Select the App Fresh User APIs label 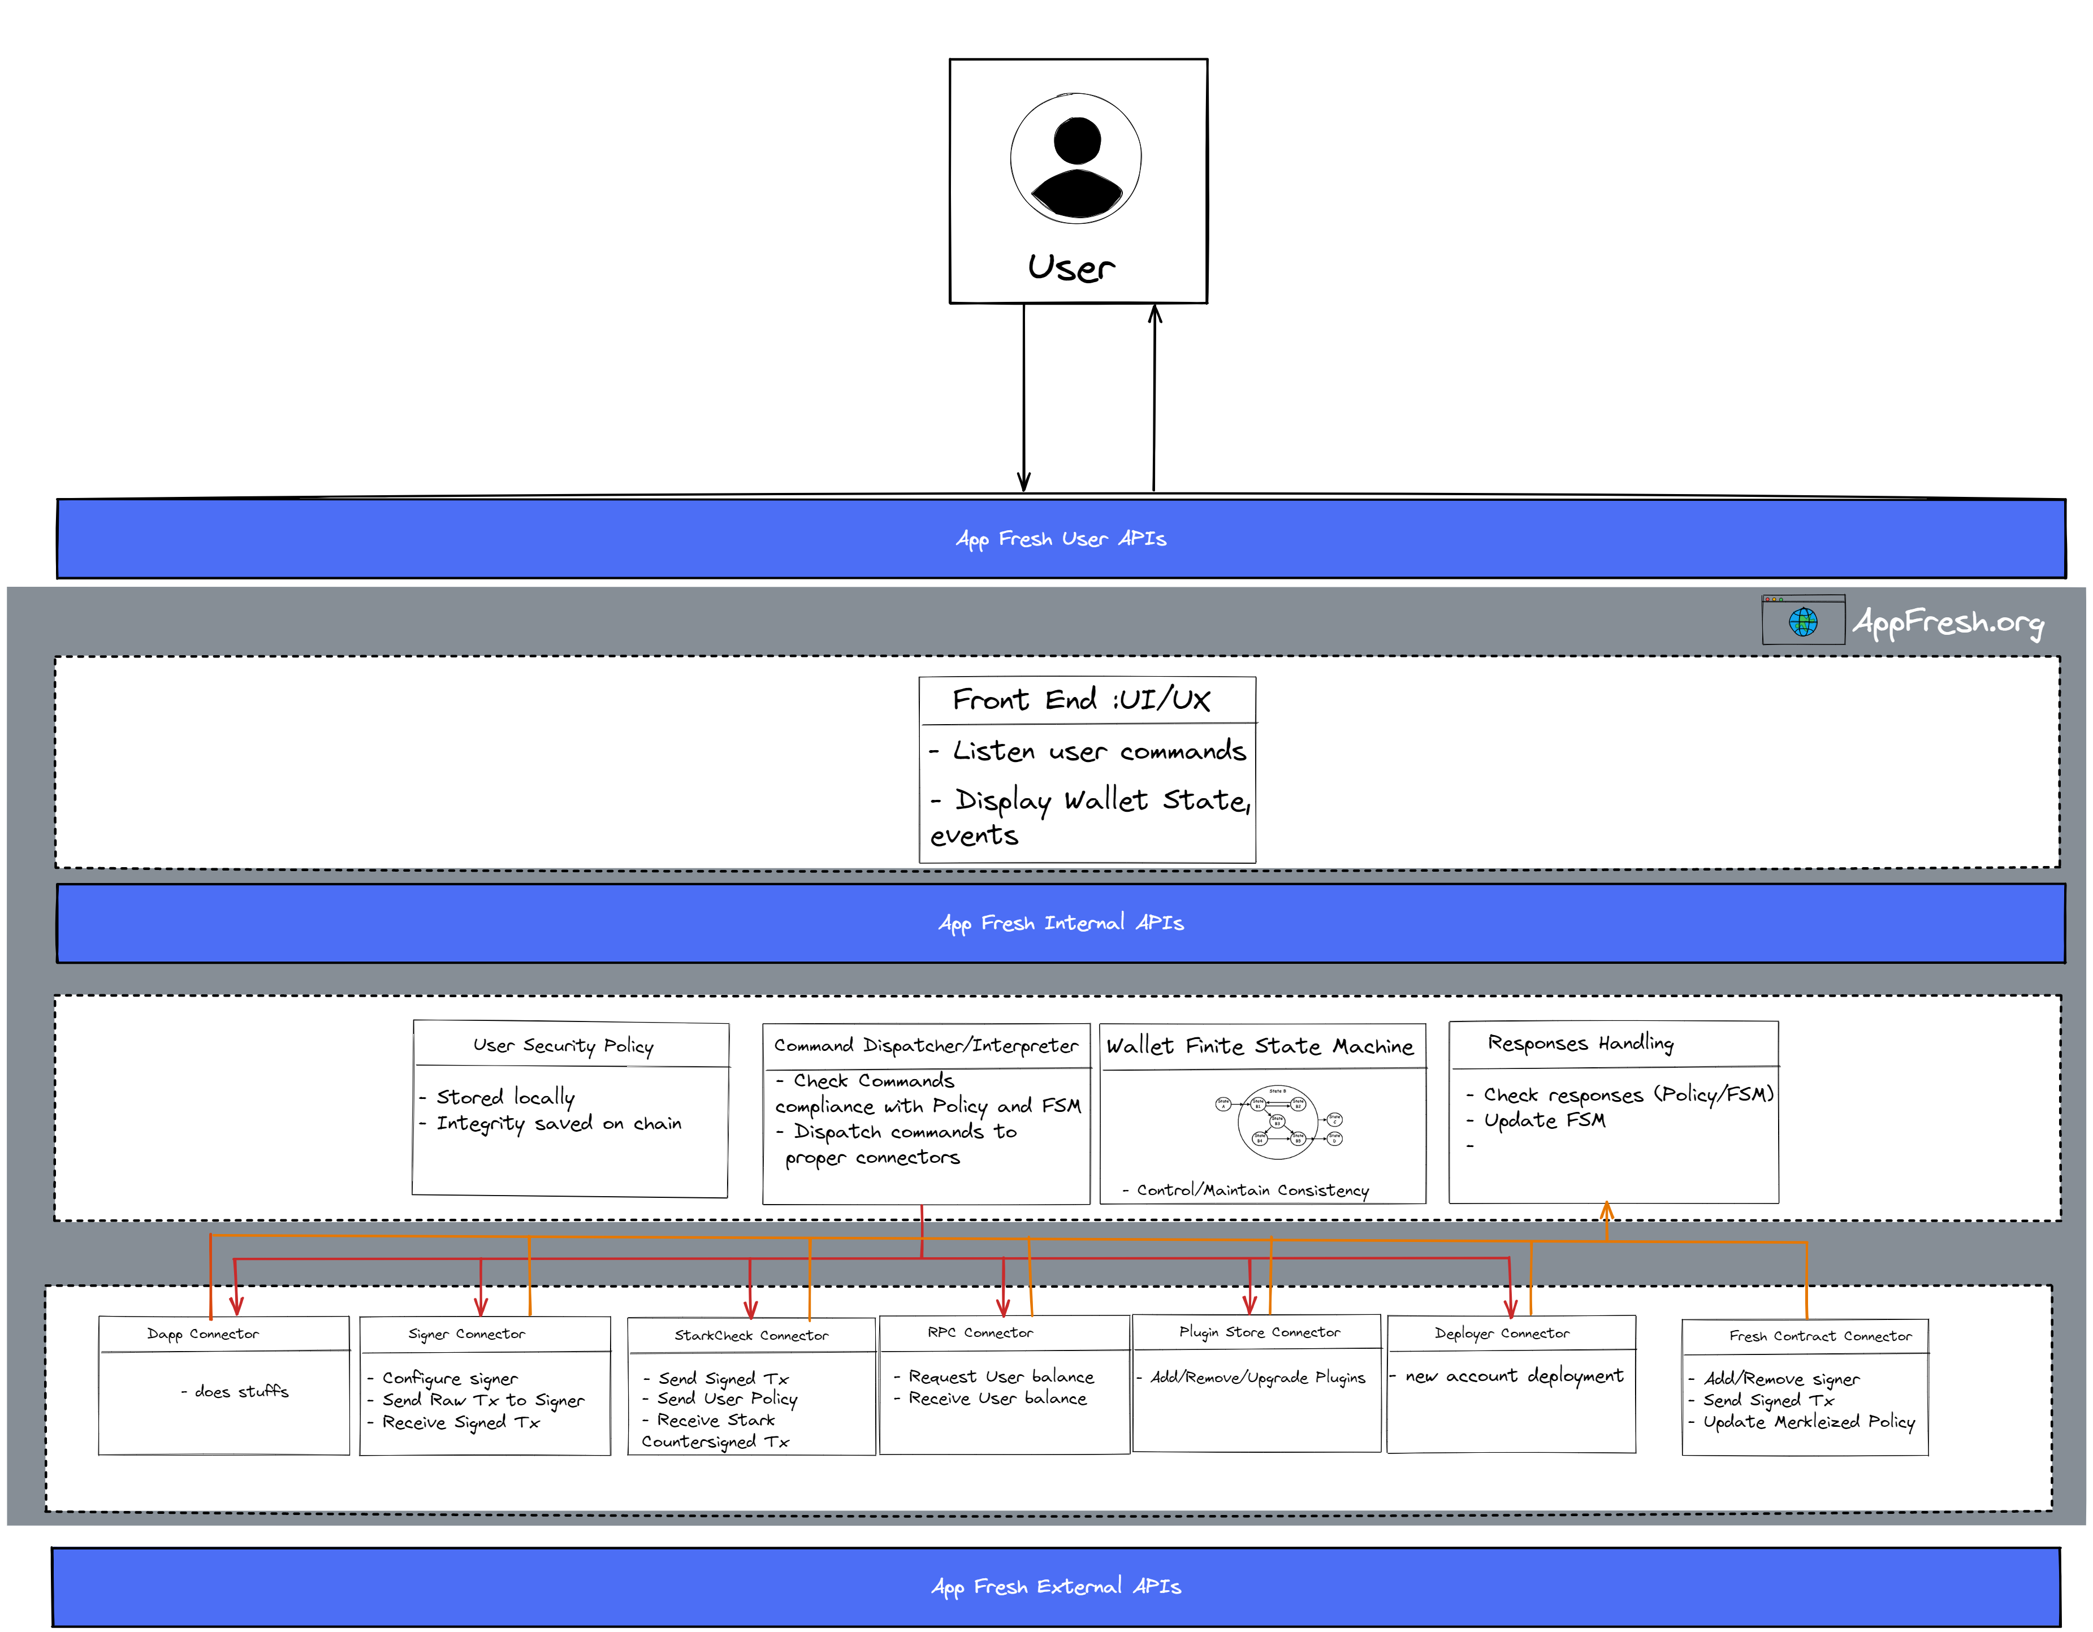click(x=1060, y=539)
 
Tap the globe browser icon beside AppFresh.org click(x=1802, y=621)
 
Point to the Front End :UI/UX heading click(x=1081, y=700)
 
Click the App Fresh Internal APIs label click(x=1060, y=923)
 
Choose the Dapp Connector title click(x=202, y=1334)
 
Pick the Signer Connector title click(x=466, y=1334)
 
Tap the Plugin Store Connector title click(x=1259, y=1332)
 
